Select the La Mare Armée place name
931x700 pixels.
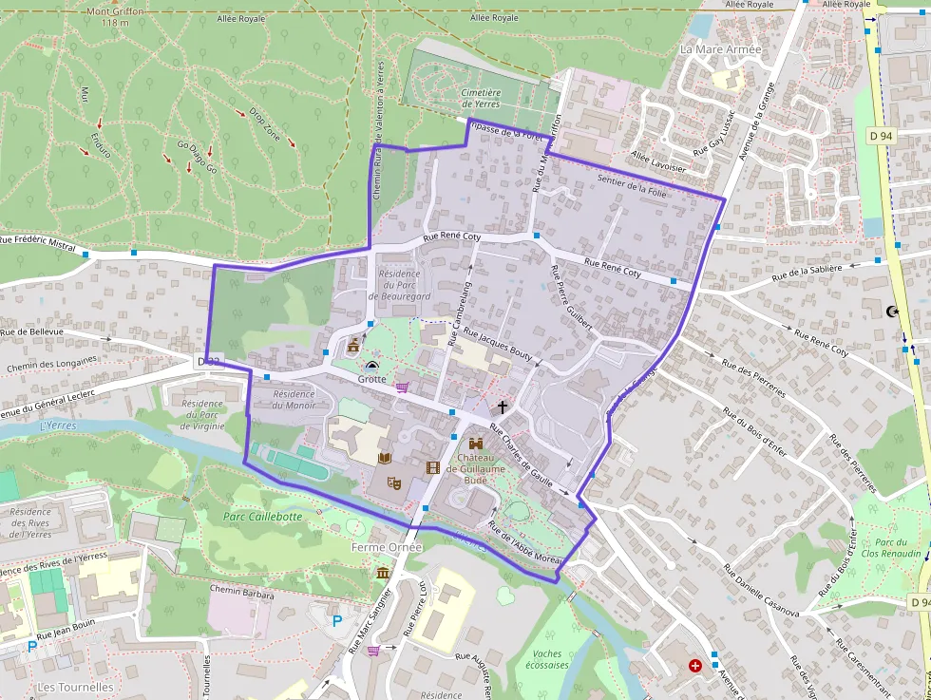721,48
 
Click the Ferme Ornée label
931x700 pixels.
380,548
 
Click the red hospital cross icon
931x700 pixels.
695,666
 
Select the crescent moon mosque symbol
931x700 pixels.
891,311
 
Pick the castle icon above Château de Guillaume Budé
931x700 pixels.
475,443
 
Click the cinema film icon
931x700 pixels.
433,466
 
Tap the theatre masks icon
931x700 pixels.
393,482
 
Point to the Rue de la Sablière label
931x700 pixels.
807,273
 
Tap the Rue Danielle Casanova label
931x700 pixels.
761,591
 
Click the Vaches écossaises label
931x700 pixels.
550,659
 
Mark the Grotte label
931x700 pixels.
371,379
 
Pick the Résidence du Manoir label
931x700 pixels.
293,399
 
